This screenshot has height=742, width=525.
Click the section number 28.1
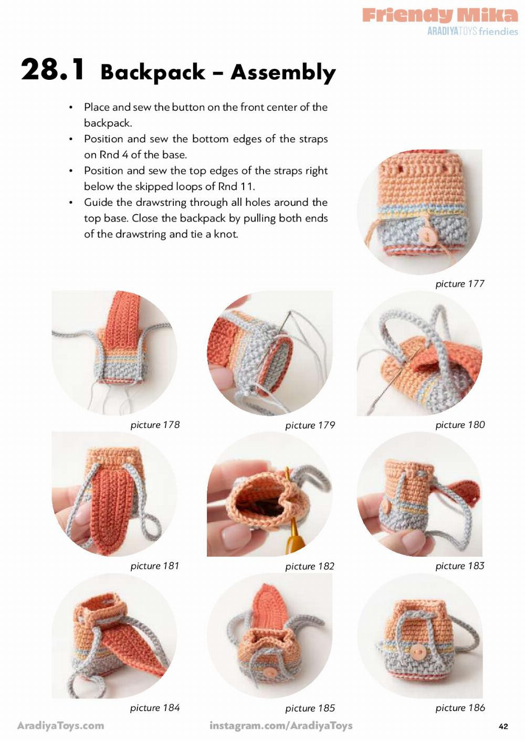coord(52,69)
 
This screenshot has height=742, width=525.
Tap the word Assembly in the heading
coord(283,72)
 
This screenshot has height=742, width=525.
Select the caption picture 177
coord(459,284)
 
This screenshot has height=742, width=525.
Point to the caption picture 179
coord(310,425)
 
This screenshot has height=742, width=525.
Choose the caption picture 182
coord(310,566)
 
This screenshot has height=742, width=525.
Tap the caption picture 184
coord(155,707)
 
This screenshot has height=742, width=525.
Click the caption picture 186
coord(460,707)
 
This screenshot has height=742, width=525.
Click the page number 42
coord(503,726)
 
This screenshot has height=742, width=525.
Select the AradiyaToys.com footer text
coord(61,726)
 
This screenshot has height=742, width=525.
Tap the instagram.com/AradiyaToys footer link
coord(281,726)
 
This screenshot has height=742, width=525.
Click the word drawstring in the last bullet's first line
coord(160,202)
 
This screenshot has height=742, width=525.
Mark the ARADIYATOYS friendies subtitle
coord(472,31)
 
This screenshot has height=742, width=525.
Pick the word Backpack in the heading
coord(153,72)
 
